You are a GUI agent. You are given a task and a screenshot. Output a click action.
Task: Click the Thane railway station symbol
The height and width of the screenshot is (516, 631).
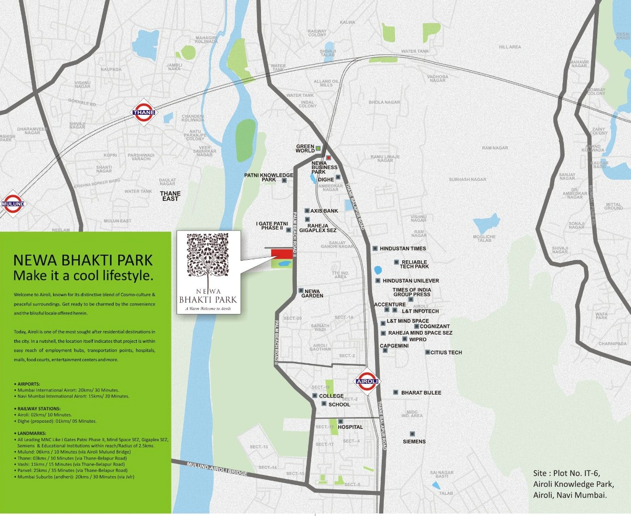[x=144, y=112]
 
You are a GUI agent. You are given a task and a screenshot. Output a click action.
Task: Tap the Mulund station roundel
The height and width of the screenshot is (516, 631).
[x=12, y=203]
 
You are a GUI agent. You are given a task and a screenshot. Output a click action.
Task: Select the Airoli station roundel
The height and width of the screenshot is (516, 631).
[x=367, y=381]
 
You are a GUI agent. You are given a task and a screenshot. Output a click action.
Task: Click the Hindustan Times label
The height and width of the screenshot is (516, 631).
[x=403, y=249]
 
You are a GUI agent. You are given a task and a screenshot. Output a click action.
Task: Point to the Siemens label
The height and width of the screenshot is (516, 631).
[x=414, y=442]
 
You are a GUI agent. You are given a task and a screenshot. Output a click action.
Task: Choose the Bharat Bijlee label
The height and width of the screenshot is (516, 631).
[x=421, y=393]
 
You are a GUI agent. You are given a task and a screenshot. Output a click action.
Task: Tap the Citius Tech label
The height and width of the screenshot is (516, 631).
[x=446, y=353]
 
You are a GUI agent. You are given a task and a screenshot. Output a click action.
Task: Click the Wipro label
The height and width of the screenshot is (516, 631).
[x=418, y=340]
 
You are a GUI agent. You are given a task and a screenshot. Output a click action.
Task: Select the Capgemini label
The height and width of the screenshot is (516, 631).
[x=394, y=346]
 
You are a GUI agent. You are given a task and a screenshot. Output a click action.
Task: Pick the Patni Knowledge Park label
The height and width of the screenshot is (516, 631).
[x=269, y=177]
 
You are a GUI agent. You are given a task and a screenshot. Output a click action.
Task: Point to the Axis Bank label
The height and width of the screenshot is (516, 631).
[x=324, y=211]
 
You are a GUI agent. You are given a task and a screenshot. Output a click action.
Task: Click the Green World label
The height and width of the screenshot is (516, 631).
[x=305, y=149]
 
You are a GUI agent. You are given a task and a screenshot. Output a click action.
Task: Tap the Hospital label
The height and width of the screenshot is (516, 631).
[x=350, y=427]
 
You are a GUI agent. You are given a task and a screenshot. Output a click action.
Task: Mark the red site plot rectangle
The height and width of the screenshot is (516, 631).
[x=281, y=254]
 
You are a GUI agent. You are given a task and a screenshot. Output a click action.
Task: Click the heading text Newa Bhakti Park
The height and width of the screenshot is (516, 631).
[x=83, y=260]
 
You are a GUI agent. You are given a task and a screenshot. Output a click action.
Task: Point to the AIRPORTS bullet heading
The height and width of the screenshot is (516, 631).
[x=29, y=384]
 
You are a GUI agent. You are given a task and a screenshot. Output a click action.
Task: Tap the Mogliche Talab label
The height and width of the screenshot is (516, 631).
[x=484, y=238]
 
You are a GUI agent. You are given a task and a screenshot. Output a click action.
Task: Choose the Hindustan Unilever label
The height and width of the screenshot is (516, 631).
[x=410, y=281]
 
